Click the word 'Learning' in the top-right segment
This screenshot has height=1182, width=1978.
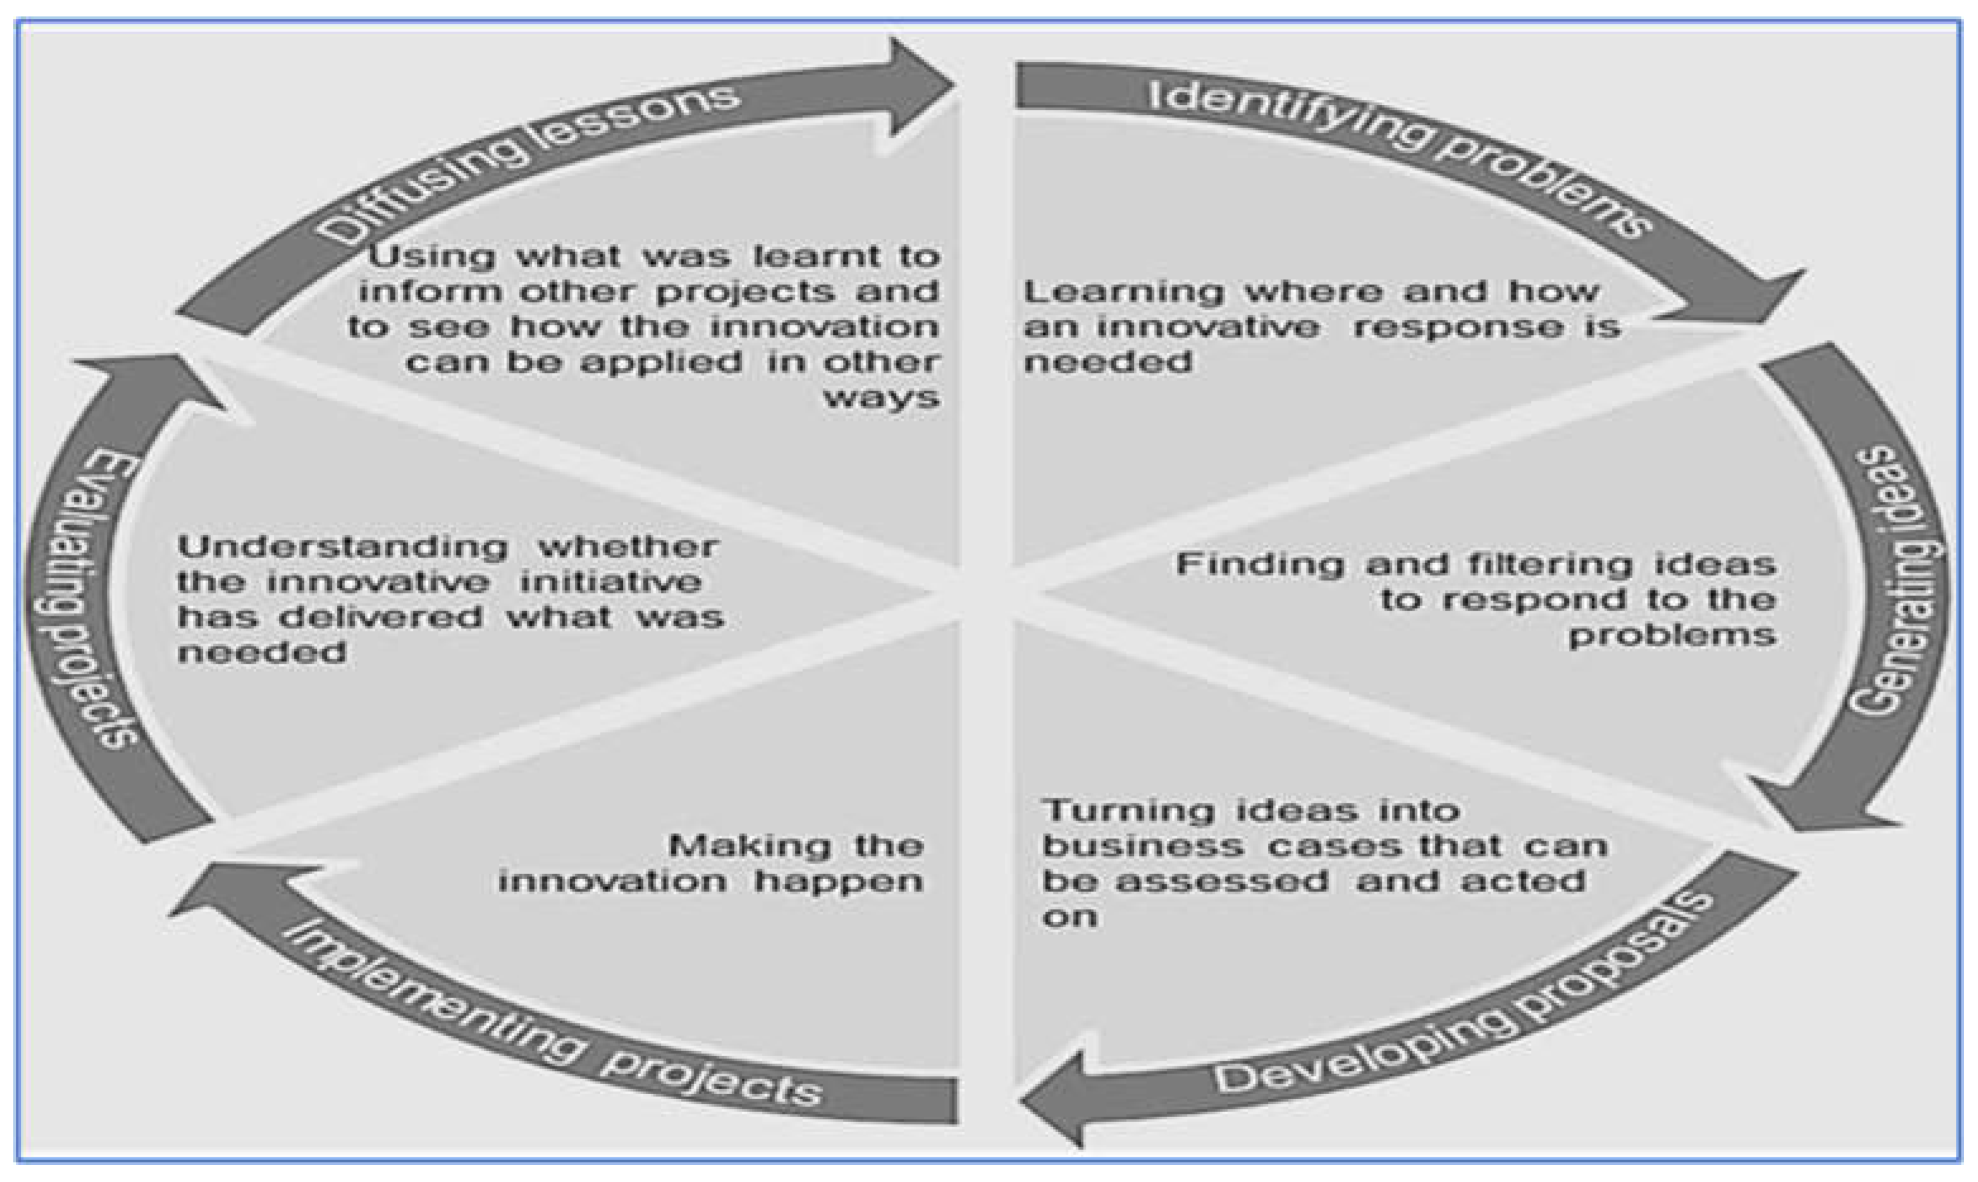pos(1123,292)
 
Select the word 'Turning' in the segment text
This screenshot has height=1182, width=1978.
pos(1127,811)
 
